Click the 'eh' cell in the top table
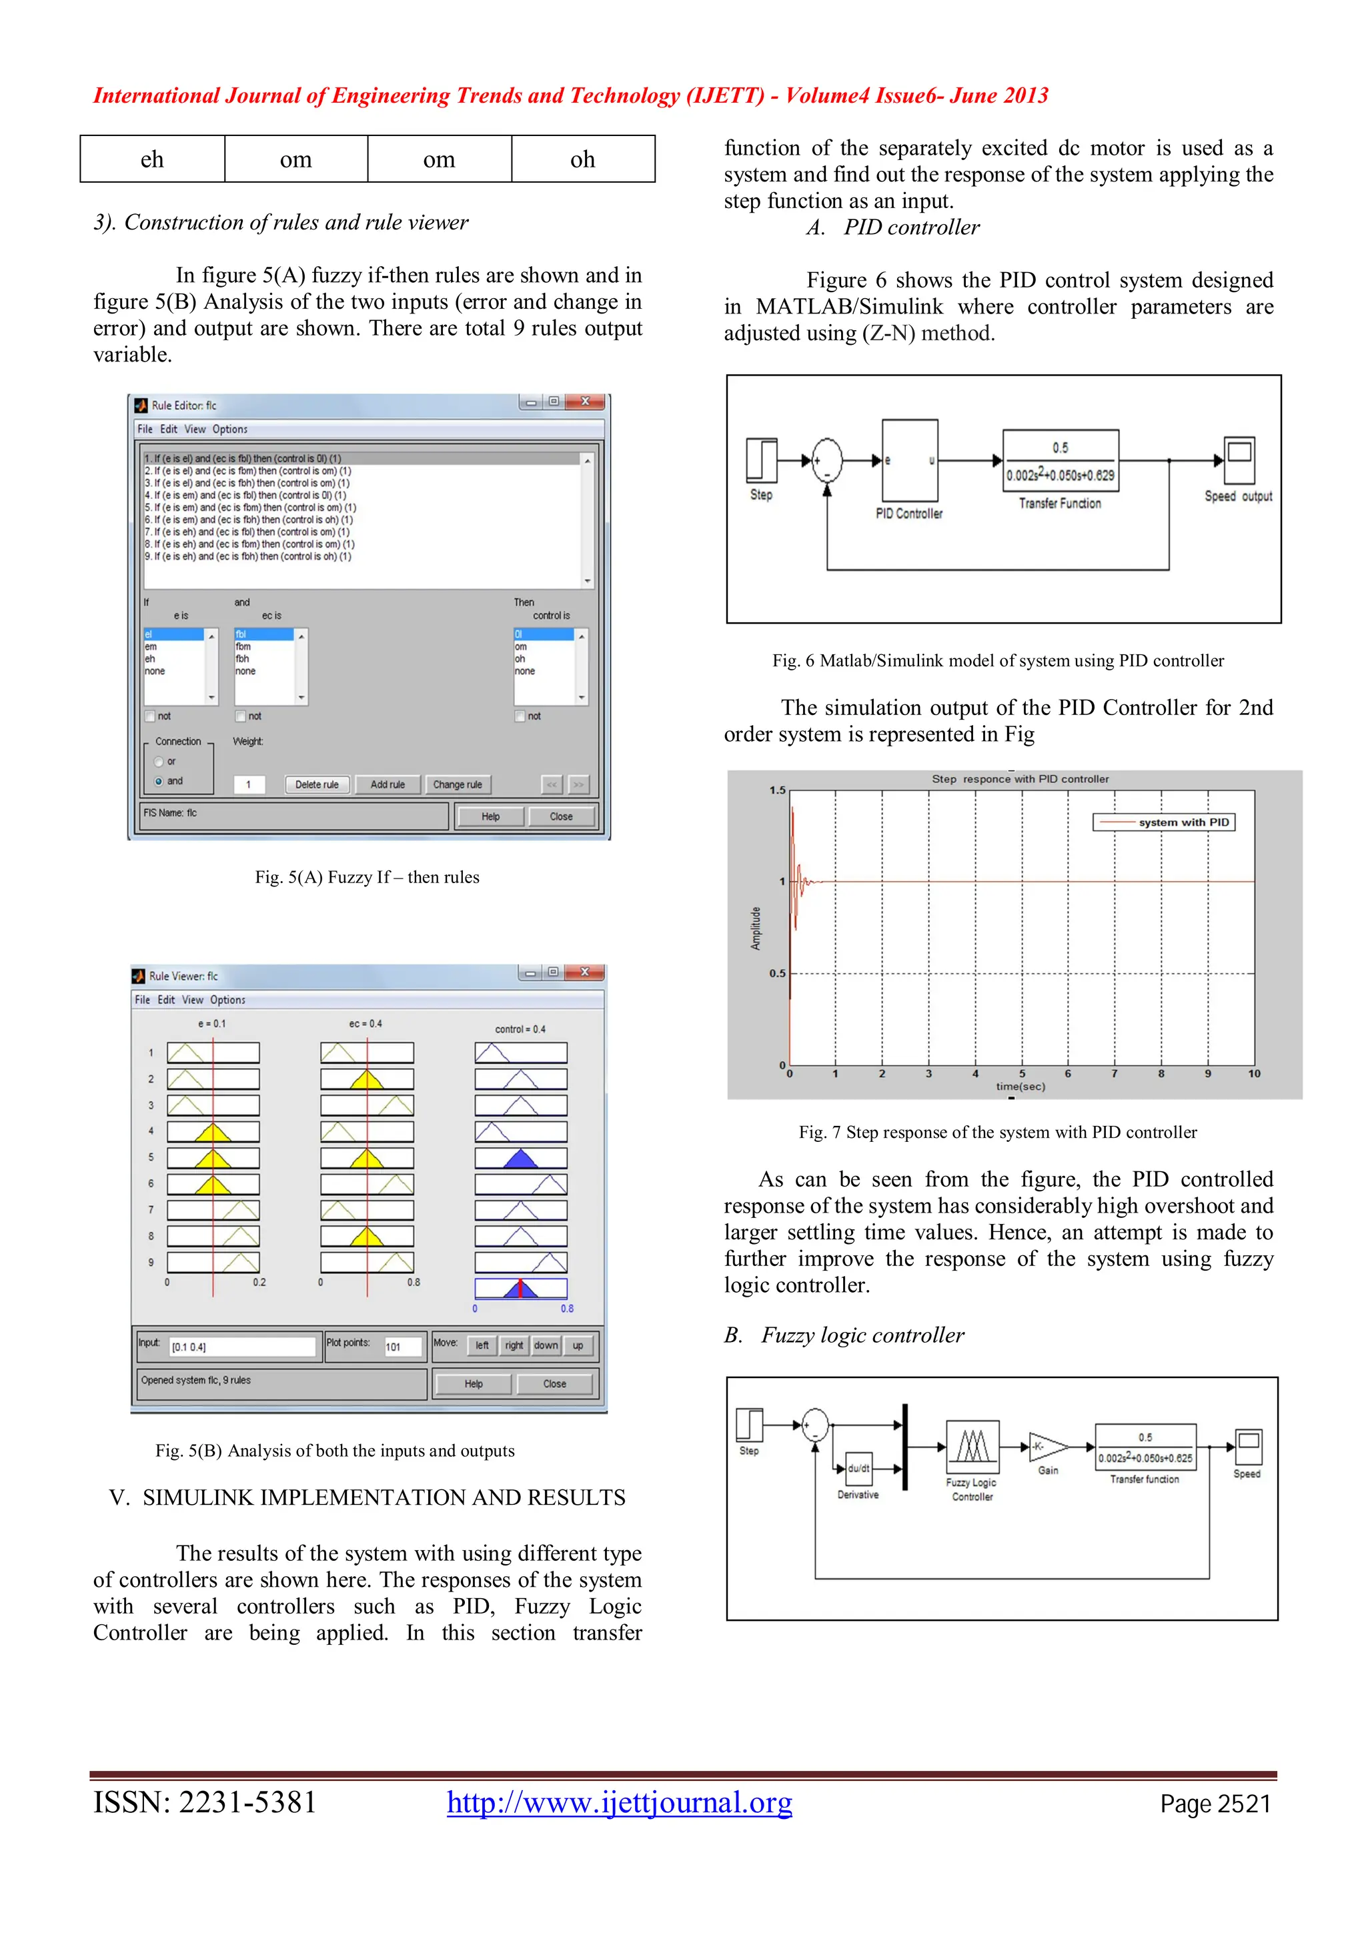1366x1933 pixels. tap(152, 159)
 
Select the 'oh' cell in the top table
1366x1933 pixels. tap(582, 159)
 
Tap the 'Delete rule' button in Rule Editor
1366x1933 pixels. tap(316, 784)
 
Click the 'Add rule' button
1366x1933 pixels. tap(387, 784)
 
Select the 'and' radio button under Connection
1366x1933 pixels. tap(159, 781)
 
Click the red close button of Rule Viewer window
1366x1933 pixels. tap(584, 973)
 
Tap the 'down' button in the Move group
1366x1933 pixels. tap(546, 1345)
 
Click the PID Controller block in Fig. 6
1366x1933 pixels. tap(910, 462)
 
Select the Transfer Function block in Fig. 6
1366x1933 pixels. tap(1060, 462)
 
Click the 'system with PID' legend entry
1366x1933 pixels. tap(1164, 822)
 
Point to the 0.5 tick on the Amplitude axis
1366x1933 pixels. tap(776, 973)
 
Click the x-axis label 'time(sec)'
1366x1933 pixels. tap(1020, 1087)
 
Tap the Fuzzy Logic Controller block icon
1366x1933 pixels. tap(973, 1446)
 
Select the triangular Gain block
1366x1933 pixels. tap(1046, 1446)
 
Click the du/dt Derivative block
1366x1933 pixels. tap(858, 1469)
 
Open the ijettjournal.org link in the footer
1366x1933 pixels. tap(620, 1802)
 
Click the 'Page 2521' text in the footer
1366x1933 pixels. tap(1215, 1804)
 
